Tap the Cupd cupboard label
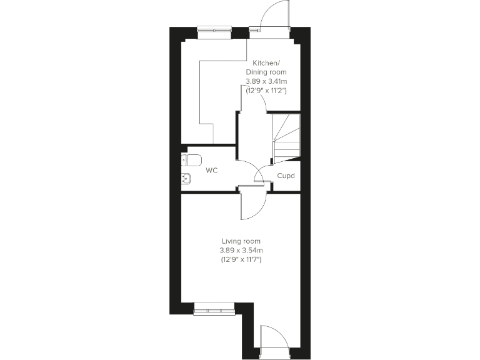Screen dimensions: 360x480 click(x=286, y=176)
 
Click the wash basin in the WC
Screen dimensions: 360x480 click(x=186, y=178)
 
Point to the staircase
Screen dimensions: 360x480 click(x=286, y=137)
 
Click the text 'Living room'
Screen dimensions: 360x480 click(x=241, y=241)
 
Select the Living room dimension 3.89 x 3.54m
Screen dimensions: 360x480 click(x=241, y=250)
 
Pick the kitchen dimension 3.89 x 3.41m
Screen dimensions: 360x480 click(x=270, y=81)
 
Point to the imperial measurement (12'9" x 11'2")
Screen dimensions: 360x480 click(x=270, y=91)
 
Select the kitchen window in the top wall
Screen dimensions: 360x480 click(x=214, y=29)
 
